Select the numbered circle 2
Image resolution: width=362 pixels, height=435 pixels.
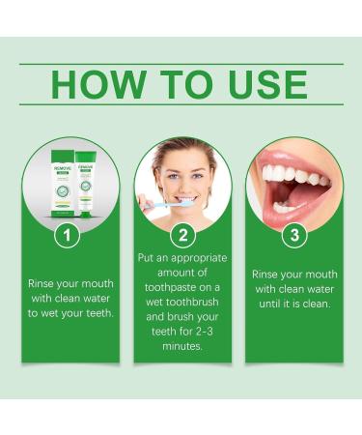click(x=181, y=234)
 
